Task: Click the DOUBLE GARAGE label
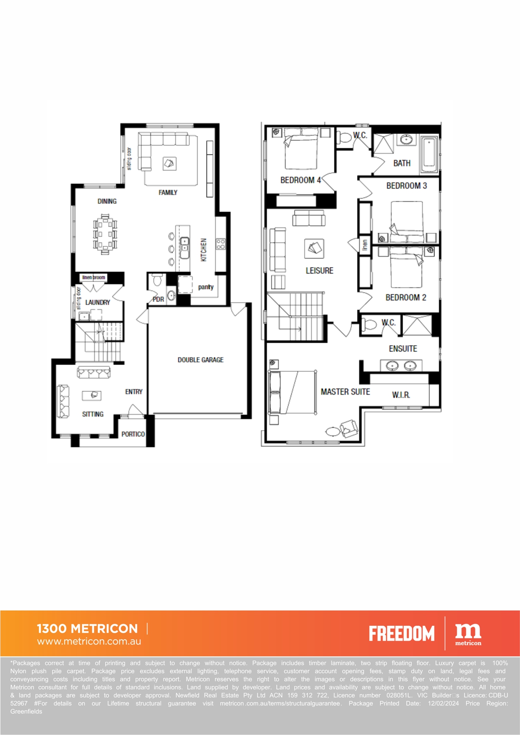tap(201, 360)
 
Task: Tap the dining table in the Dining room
tap(105, 234)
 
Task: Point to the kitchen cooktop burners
tap(221, 244)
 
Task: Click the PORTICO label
tap(133, 434)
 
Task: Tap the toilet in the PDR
tap(158, 280)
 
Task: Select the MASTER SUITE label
tap(345, 392)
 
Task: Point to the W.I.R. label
tap(401, 395)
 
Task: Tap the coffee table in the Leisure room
tap(314, 249)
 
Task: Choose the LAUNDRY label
tap(97, 302)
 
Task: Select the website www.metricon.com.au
tap(89, 641)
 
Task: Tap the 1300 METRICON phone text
tap(87, 628)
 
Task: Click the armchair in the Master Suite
tap(349, 428)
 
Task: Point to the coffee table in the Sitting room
tap(91, 395)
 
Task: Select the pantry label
tap(206, 287)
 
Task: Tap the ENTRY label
tap(134, 392)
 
